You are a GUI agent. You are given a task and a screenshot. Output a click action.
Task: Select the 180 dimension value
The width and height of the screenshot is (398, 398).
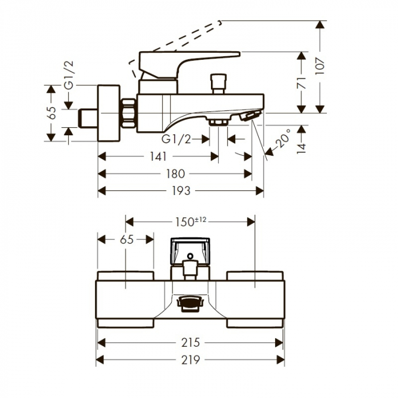175,174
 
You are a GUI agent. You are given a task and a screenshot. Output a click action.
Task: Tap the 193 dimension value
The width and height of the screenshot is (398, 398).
181,192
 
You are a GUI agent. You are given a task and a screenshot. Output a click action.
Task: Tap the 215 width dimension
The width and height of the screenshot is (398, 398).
190,342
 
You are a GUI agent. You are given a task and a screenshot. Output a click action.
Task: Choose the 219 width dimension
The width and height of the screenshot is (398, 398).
190,360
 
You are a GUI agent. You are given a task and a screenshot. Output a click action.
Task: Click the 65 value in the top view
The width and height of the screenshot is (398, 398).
126,239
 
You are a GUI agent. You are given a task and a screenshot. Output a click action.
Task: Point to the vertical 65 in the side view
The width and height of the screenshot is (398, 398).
52,113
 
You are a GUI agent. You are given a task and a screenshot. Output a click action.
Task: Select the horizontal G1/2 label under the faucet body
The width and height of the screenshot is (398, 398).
176,140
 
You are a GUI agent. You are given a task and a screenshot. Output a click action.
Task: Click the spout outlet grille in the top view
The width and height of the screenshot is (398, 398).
190,303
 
